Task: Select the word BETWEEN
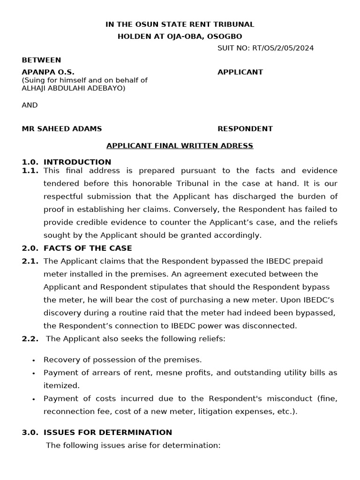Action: pos(41,60)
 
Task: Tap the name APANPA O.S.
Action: pos(45,72)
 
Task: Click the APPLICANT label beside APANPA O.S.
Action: pos(240,72)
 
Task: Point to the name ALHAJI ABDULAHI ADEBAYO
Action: pos(74,88)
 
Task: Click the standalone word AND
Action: pos(30,105)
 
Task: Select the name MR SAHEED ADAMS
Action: pos(62,128)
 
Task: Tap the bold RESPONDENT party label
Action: pos(245,128)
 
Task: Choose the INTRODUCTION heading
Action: pos(77,162)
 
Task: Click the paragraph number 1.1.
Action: pos(30,171)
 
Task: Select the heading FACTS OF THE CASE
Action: pos(88,248)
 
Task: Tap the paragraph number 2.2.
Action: pos(30,338)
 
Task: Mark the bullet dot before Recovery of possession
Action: pos(34,360)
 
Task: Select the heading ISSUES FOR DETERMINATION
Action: pos(108,432)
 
